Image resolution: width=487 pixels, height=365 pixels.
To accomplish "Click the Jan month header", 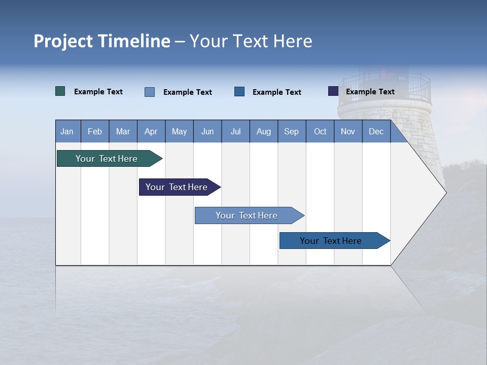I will click(67, 132).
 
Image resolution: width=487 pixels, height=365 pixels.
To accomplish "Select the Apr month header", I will click(151, 132).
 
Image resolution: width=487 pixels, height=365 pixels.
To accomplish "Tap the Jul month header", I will click(235, 132).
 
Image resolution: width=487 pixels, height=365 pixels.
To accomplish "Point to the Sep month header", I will click(291, 132).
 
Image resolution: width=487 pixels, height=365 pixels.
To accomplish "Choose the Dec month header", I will click(376, 132).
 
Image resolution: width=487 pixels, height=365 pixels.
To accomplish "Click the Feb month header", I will click(95, 132).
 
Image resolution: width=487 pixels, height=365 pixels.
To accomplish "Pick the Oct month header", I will click(320, 132).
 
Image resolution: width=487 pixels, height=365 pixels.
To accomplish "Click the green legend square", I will click(60, 91).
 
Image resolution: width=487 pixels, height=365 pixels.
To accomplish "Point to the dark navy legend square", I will click(333, 91).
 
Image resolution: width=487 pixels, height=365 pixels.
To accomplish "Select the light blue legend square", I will click(150, 92).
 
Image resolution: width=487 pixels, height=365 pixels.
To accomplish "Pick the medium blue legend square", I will click(239, 92).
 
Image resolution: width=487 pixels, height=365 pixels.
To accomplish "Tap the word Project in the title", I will click(63, 41).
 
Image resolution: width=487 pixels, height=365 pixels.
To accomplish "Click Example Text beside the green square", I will click(98, 92).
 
